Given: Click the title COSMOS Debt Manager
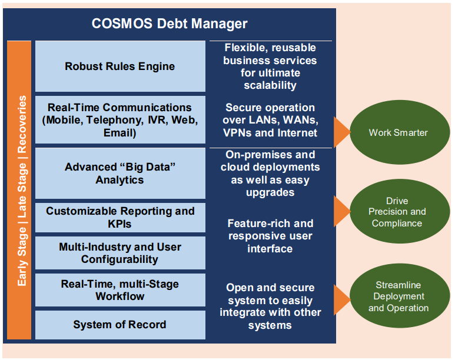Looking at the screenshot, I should pos(170,24).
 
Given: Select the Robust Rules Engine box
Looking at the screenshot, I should pos(120,66).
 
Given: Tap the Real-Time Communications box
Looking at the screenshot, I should pos(120,120).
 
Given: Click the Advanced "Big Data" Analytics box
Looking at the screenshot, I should pos(120,174).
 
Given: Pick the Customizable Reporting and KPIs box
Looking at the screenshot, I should pos(120,217).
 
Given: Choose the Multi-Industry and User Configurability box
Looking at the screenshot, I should pos(120,253).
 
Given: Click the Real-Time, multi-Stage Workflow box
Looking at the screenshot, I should pos(120,290).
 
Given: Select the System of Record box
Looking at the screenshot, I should pos(120,325).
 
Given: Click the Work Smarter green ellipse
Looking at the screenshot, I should pos(398,132).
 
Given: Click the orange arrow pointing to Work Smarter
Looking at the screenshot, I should pos(341,132).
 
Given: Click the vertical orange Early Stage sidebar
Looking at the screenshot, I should pos(19,191).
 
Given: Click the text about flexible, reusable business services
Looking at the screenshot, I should pos(270,66).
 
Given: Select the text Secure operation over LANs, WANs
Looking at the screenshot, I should pos(270,121).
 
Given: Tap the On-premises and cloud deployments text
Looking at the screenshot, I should pos(270,174).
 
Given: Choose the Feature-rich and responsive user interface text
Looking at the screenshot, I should pos(270,236).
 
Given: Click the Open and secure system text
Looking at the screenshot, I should pos(270,306).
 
